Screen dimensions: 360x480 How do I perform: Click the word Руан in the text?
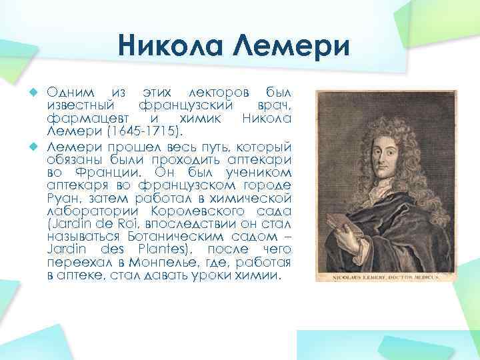[x=63, y=199]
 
